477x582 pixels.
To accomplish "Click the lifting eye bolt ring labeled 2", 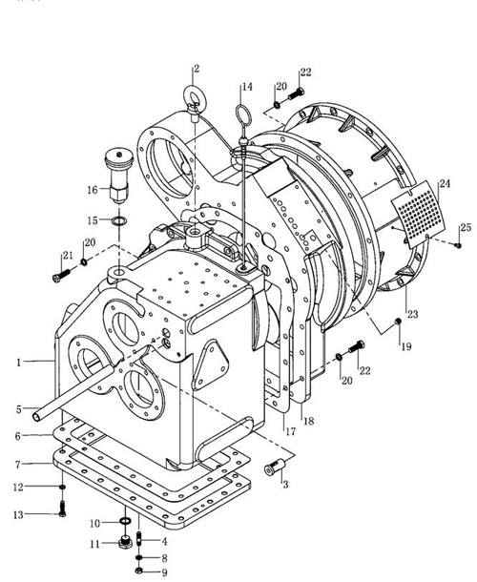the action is [x=193, y=87].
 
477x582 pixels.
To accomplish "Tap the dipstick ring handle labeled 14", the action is [x=243, y=106].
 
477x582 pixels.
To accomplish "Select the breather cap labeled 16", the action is [x=119, y=176].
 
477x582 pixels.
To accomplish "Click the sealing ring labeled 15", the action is [x=119, y=220].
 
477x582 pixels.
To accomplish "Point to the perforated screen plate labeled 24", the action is [x=418, y=215].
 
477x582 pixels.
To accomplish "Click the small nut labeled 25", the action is [x=459, y=245].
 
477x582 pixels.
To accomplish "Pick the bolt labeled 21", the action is [x=61, y=276].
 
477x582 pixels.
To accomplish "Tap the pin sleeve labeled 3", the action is [x=275, y=467].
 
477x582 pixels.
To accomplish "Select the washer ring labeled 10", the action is [x=125, y=522].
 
